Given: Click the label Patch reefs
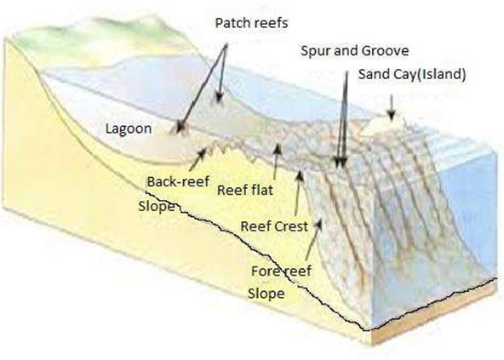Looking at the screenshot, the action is (251, 23).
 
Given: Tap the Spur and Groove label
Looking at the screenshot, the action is (354, 51).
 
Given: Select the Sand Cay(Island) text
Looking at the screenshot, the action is (412, 74).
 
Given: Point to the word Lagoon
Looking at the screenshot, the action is (129, 129).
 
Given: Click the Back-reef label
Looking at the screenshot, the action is (179, 181).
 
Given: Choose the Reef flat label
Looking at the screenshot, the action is (245, 190).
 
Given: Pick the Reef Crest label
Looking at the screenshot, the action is (274, 226).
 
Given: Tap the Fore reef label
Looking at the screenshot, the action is (281, 271).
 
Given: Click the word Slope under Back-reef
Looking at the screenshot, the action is (156, 206).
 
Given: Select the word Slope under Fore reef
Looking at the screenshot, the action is (266, 294).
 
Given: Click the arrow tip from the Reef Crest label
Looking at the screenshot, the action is (300, 171).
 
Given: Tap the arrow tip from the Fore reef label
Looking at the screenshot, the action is (320, 220).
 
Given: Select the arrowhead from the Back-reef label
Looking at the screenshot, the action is (206, 150).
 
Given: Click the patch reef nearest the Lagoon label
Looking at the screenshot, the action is (179, 128).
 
